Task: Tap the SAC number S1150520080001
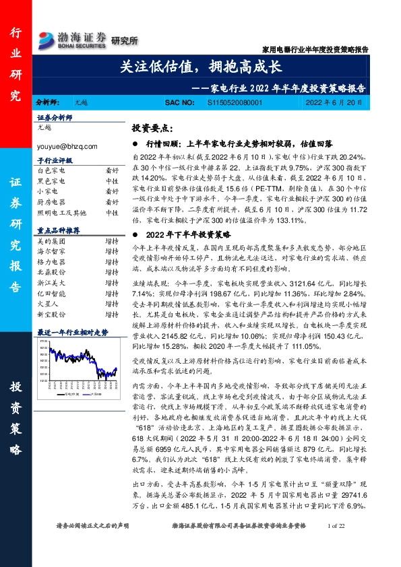tap(234, 104)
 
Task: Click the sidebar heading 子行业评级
tap(55, 162)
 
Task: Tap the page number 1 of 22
tap(334, 543)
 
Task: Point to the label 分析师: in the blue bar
tap(47, 104)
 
